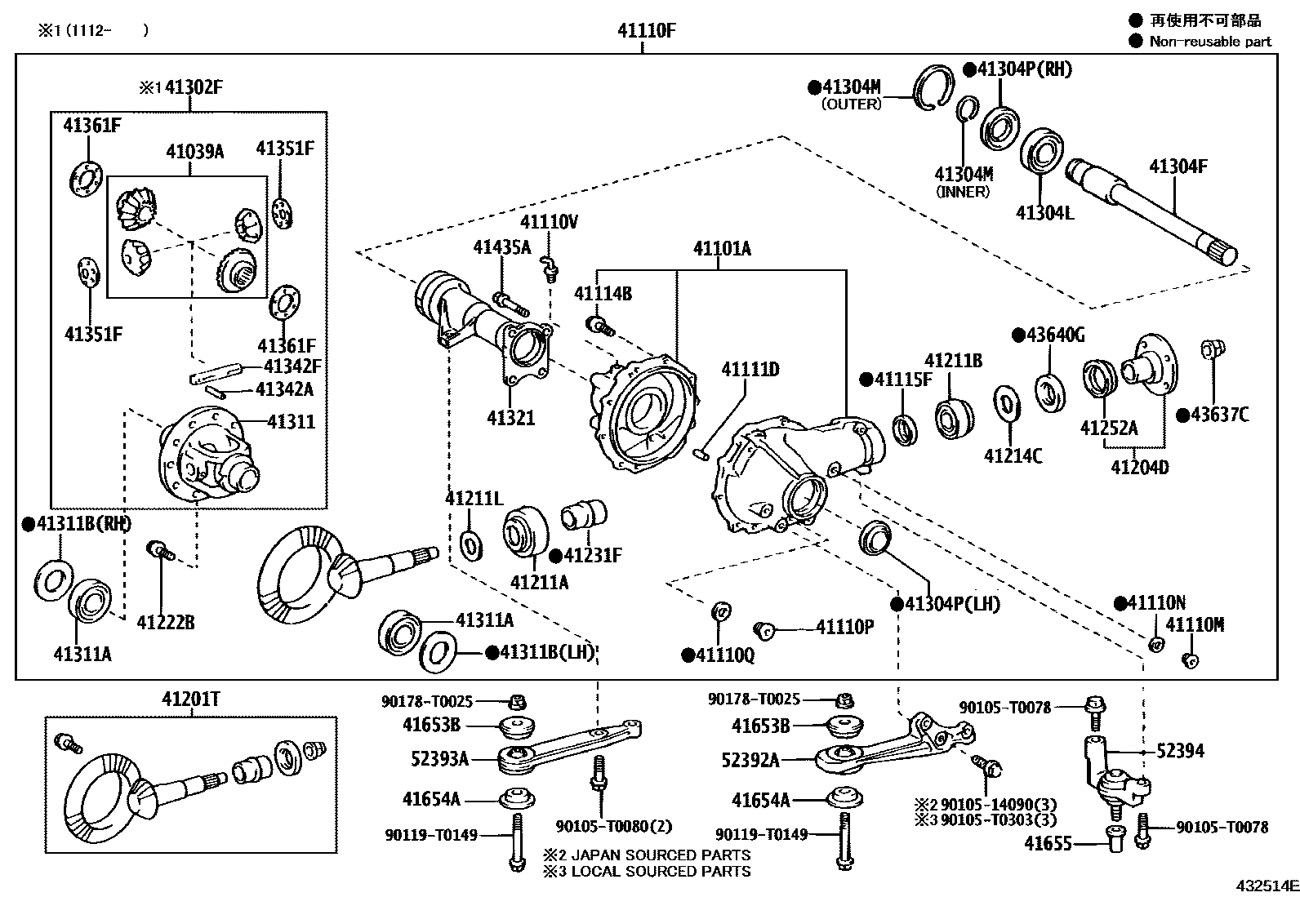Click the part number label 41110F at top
pos(646,32)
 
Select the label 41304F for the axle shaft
pos(1178,167)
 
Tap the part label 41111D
pos(750,370)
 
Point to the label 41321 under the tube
pos(510,418)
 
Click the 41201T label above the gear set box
pos(190,699)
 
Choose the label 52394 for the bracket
pos(1180,751)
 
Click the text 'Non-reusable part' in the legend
pos(1210,42)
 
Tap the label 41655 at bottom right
pos(1048,842)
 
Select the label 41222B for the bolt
pos(165,623)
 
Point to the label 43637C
pos(1218,415)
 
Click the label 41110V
pos(549,221)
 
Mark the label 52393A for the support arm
pos(439,759)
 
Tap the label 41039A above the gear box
pos(194,151)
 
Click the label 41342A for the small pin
pos(284,389)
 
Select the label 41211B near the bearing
pos(953,360)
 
